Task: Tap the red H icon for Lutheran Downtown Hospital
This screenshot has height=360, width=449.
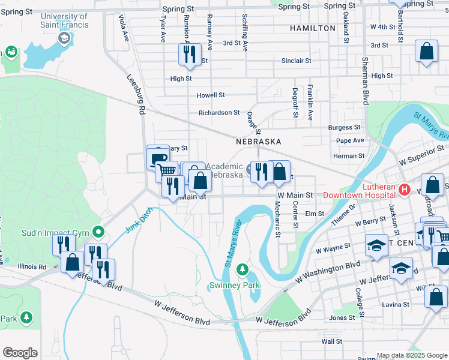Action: pos(404,190)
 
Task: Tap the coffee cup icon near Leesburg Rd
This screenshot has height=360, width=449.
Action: pos(158,158)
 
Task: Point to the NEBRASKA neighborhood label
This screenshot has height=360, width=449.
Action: pos(259,141)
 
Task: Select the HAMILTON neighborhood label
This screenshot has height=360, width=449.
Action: pos(312,28)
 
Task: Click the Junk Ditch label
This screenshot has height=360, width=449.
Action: pos(139,220)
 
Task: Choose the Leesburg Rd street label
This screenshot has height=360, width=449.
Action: pos(137,94)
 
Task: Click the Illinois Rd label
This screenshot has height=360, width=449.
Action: pos(33,266)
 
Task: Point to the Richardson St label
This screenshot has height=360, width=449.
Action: pos(219,112)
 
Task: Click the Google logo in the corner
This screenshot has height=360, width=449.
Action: pos(20,353)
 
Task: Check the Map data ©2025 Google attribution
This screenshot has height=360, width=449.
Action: pos(412,355)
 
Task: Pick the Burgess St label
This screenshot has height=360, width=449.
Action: pos(344,127)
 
